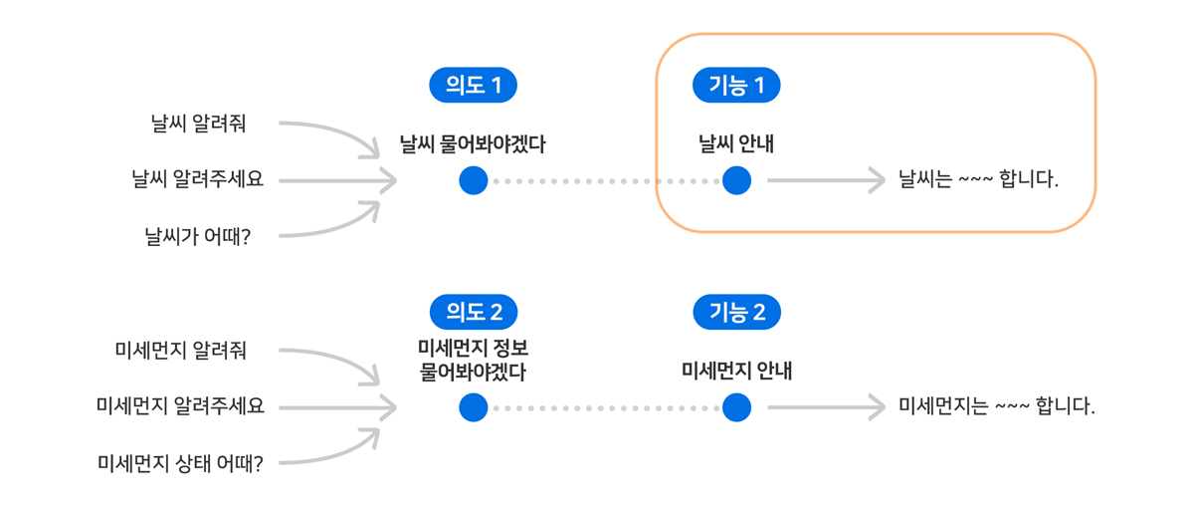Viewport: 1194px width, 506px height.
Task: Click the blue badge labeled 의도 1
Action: [473, 86]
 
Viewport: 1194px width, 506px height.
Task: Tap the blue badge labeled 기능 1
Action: [736, 86]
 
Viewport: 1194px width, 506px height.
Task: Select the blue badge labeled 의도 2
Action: [473, 313]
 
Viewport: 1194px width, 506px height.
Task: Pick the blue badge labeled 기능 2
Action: [736, 313]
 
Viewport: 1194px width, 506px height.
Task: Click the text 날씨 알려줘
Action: [198, 124]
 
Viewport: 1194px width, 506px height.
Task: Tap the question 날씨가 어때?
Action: [197, 237]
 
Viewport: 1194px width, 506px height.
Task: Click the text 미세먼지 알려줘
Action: [181, 351]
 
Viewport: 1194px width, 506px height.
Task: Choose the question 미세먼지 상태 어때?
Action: [180, 464]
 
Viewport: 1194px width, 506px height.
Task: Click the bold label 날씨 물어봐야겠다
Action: [473, 144]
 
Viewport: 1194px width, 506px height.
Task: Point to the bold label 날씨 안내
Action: [736, 144]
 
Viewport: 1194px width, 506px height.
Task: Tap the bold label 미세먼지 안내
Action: [736, 372]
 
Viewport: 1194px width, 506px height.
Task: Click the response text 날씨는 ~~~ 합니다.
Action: [978, 181]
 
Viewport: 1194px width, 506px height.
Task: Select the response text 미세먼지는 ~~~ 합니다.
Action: [996, 407]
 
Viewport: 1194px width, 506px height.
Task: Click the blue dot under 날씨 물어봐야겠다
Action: [474, 181]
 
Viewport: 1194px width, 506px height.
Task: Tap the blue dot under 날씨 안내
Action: [736, 181]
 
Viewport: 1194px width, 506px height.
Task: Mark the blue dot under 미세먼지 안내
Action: [736, 407]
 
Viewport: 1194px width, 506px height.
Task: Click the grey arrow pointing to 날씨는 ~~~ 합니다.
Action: [826, 181]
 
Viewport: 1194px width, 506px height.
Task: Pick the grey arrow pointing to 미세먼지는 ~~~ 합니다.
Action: [826, 407]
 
